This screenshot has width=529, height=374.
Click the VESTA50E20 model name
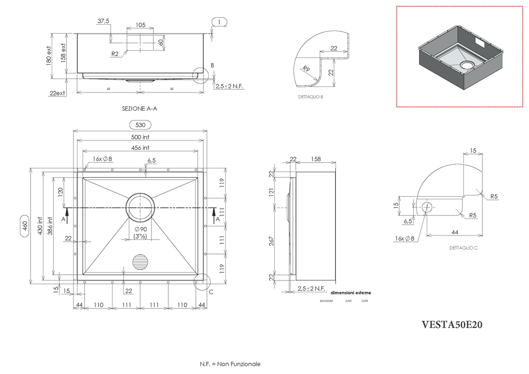coord(452,325)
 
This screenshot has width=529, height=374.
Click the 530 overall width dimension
coord(140,125)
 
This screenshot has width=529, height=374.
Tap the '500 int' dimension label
coord(140,137)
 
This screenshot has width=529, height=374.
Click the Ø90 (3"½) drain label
coord(141,232)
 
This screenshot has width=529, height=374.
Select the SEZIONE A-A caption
coord(139,109)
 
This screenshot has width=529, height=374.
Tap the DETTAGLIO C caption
coord(463,248)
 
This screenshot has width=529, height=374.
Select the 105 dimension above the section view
coord(140,25)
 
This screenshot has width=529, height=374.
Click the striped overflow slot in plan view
coord(141,261)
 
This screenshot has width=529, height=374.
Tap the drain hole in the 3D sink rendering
coord(468,65)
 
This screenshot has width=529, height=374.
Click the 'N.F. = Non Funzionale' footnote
coord(230,364)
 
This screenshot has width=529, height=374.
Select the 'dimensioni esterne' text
coord(350,293)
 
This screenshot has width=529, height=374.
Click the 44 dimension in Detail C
coord(455,232)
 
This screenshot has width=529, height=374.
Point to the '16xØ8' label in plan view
coord(102,159)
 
